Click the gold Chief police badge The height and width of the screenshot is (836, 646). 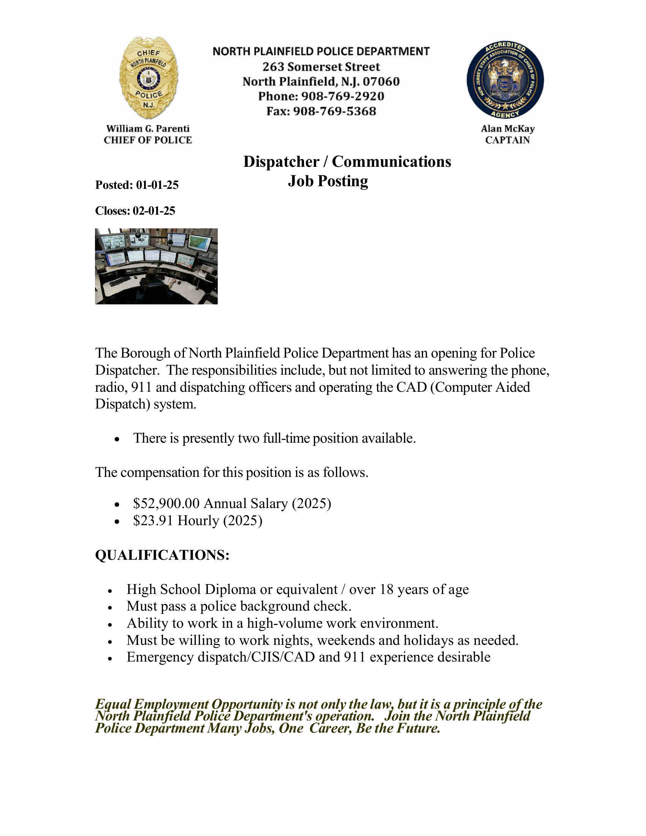point(149,78)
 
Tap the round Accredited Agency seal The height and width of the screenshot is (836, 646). point(505,80)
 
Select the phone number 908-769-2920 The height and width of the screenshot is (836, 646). point(342,96)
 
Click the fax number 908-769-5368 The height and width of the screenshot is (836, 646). point(334,111)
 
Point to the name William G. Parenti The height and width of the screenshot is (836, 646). point(148,128)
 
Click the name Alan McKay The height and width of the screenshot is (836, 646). point(507,128)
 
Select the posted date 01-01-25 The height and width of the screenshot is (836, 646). point(157,185)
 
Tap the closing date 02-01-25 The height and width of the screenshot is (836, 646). point(154,211)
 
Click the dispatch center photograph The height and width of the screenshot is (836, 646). point(156,266)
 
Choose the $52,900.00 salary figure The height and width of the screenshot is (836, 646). point(166,503)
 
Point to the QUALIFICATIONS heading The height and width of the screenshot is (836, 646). point(162,555)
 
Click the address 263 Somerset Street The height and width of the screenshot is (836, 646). point(321,66)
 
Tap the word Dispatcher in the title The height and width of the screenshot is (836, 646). point(281,162)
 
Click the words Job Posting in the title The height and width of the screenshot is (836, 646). point(328,181)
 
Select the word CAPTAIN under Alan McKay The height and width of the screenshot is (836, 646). point(507,140)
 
